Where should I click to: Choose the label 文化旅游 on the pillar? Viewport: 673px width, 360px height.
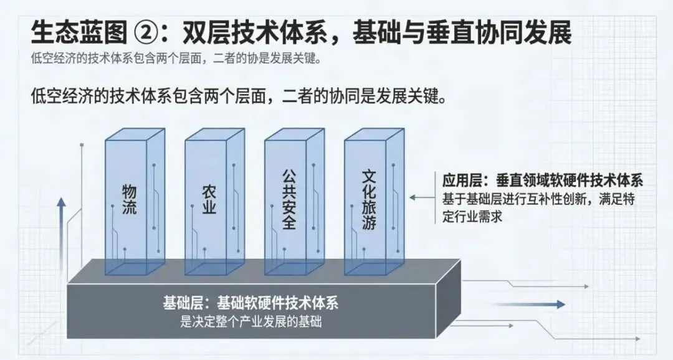(x=368, y=198)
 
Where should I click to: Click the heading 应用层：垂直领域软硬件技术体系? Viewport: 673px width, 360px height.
(x=542, y=181)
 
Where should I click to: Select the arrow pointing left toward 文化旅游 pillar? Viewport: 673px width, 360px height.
(x=424, y=198)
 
